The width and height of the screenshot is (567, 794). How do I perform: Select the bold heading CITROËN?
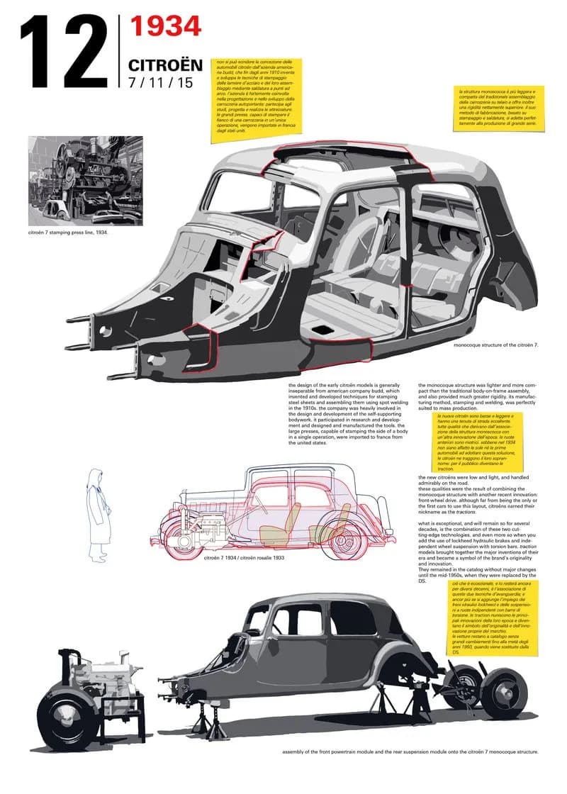165,65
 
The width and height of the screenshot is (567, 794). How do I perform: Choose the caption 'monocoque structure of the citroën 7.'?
496,345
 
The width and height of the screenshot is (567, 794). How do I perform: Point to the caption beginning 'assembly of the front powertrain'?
410,751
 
